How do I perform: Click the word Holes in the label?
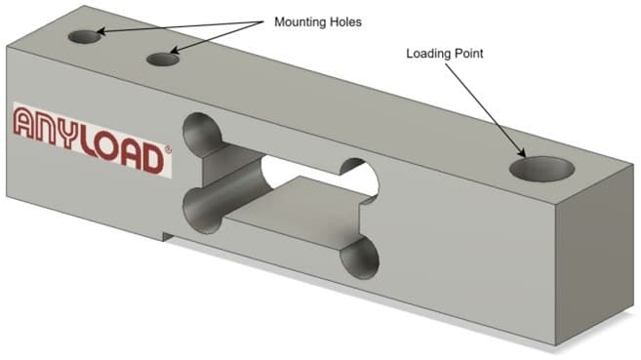tap(348, 21)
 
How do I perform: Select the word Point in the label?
tap(469, 54)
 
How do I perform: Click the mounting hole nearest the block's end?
tap(85, 37)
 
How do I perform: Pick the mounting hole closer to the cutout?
tap(163, 60)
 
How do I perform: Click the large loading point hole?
tap(541, 169)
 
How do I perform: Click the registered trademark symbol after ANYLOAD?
tap(167, 149)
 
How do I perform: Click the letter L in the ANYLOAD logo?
tap(90, 141)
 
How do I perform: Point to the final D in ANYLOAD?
tap(152, 159)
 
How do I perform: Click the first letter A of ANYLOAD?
tap(24, 121)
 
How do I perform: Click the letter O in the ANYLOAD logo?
tap(107, 146)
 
